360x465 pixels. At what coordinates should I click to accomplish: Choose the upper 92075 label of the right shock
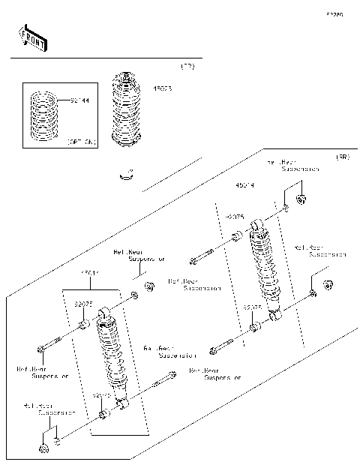[235, 217]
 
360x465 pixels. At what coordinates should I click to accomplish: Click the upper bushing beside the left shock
[84, 325]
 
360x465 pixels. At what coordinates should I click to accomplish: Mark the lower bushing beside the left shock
[103, 414]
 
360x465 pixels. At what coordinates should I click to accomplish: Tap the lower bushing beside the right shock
[255, 327]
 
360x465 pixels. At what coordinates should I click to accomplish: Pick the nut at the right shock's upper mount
[301, 200]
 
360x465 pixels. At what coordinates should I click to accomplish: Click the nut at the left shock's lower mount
[43, 448]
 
